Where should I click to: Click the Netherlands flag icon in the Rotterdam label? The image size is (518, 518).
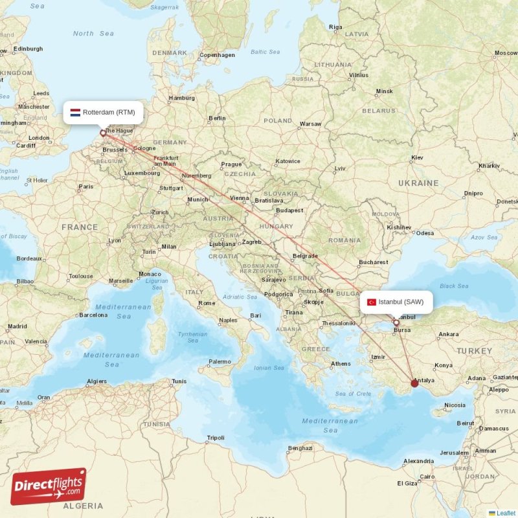click(x=75, y=112)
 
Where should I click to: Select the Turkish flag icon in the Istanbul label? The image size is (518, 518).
click(x=372, y=302)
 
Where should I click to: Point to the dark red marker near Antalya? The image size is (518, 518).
click(x=414, y=383)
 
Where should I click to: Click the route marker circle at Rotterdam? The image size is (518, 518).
click(x=102, y=133)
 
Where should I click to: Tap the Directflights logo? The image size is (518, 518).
click(x=49, y=486)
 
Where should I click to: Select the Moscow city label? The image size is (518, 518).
click(x=506, y=52)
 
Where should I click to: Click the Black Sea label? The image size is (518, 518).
click(x=453, y=286)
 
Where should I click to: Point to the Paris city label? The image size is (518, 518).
click(x=85, y=186)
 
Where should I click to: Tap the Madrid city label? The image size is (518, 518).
click(x=17, y=326)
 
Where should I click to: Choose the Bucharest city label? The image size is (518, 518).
click(x=373, y=262)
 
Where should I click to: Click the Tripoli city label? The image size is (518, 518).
click(x=215, y=438)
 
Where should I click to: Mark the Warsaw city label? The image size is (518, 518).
click(x=310, y=123)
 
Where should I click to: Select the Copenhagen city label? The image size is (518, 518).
click(x=217, y=55)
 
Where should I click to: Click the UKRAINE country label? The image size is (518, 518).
click(x=419, y=183)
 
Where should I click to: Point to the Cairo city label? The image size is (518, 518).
click(x=427, y=477)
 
